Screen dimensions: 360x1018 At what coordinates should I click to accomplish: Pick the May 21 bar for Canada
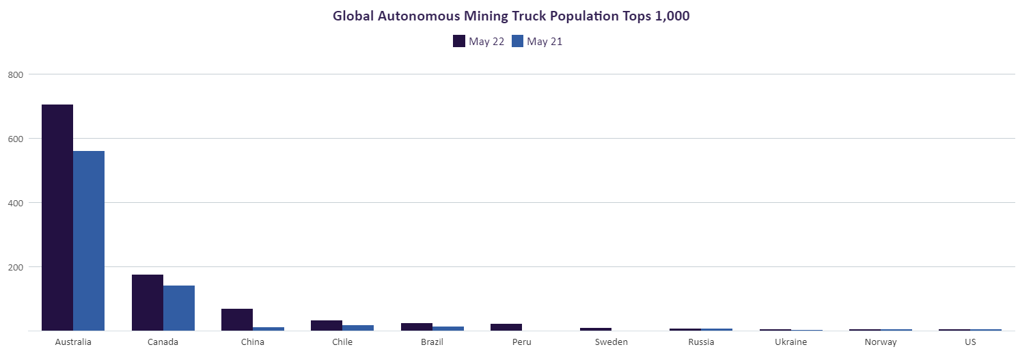coord(179,308)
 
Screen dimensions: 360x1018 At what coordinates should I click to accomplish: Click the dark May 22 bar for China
coord(237,320)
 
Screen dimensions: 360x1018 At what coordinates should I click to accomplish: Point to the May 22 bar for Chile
coord(327,325)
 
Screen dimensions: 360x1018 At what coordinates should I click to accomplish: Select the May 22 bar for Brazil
coord(416,327)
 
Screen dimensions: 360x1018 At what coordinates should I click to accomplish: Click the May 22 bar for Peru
coord(506,327)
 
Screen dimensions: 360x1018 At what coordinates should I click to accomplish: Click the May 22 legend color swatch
coord(459,41)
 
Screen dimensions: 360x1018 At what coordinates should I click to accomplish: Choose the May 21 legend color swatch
coord(517,41)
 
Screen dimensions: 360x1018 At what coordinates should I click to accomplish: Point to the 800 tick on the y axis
coord(16,74)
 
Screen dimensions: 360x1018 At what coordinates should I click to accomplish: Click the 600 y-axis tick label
coord(16,139)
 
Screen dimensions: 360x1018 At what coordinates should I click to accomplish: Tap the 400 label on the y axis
coord(16,203)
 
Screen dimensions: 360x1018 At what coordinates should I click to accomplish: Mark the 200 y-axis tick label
coord(16,267)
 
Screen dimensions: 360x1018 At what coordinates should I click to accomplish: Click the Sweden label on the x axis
coord(611,342)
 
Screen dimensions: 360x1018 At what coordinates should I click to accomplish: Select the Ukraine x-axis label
coord(790,342)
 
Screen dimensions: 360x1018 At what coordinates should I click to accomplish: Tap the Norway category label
coord(880,342)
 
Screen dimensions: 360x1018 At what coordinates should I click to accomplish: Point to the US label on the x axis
coord(970,342)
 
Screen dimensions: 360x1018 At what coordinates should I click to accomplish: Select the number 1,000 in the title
coord(672,16)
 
